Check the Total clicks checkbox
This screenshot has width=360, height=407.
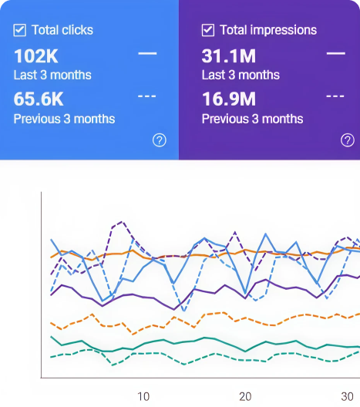(x=20, y=31)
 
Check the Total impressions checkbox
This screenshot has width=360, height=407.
(x=208, y=31)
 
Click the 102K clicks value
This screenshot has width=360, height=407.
(x=35, y=56)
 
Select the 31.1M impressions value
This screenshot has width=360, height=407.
(x=228, y=56)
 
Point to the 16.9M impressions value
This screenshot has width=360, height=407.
(x=229, y=99)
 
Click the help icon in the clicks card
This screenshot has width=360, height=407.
(x=160, y=140)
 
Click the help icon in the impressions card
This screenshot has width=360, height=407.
(x=348, y=140)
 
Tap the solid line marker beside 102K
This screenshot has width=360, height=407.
(x=147, y=54)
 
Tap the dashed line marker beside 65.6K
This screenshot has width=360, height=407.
(x=147, y=96)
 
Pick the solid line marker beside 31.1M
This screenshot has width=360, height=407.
(x=335, y=54)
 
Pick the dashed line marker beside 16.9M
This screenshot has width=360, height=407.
(x=335, y=96)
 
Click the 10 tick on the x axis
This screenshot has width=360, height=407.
(x=143, y=396)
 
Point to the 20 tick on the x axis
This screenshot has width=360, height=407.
(x=245, y=396)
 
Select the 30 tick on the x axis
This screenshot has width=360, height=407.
(x=347, y=396)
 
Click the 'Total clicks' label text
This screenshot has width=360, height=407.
(x=62, y=31)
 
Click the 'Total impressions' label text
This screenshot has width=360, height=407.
(x=268, y=31)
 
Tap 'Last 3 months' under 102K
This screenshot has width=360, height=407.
(x=52, y=76)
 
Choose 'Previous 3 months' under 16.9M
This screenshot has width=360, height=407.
(x=252, y=119)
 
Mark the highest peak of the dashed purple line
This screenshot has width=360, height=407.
(x=120, y=223)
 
